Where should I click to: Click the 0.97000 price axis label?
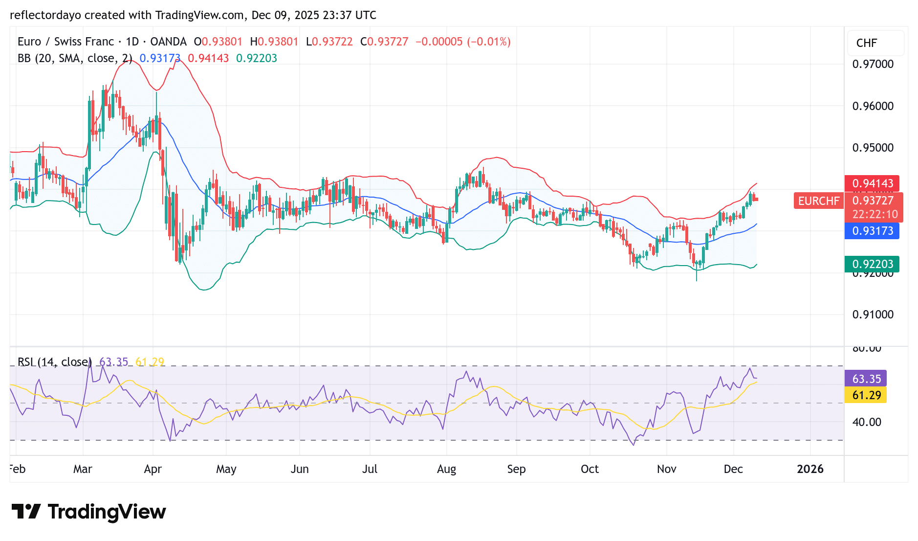[x=873, y=64]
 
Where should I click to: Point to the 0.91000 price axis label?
[x=873, y=315]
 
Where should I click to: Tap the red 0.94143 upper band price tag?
[x=872, y=183]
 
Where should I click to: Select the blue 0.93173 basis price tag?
[x=872, y=231]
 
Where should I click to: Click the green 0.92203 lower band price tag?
[x=872, y=264]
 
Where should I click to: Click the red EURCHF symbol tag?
[x=818, y=201]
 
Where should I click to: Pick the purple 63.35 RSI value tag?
[x=866, y=379]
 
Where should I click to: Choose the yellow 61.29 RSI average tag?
[x=866, y=395]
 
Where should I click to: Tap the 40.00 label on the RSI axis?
[x=866, y=422]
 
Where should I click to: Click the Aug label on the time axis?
[x=446, y=469]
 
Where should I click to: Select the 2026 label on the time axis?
[x=810, y=469]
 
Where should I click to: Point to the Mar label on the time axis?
[x=83, y=469]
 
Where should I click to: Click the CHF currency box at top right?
[x=867, y=43]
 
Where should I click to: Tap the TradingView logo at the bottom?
[x=89, y=512]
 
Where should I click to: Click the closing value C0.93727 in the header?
[x=384, y=42]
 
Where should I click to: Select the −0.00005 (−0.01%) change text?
[x=463, y=42]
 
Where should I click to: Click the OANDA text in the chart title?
[x=168, y=42]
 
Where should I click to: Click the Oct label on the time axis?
[x=590, y=469]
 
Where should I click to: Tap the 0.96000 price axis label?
[x=873, y=106]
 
